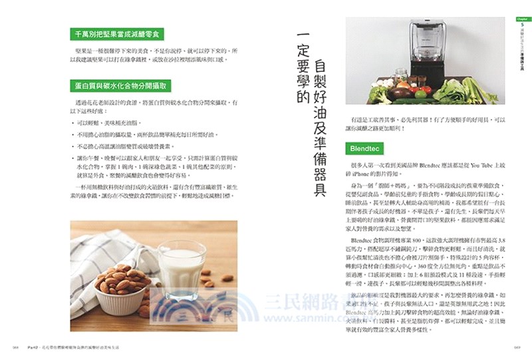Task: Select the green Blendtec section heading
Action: (367, 146)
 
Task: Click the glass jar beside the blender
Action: (400, 75)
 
